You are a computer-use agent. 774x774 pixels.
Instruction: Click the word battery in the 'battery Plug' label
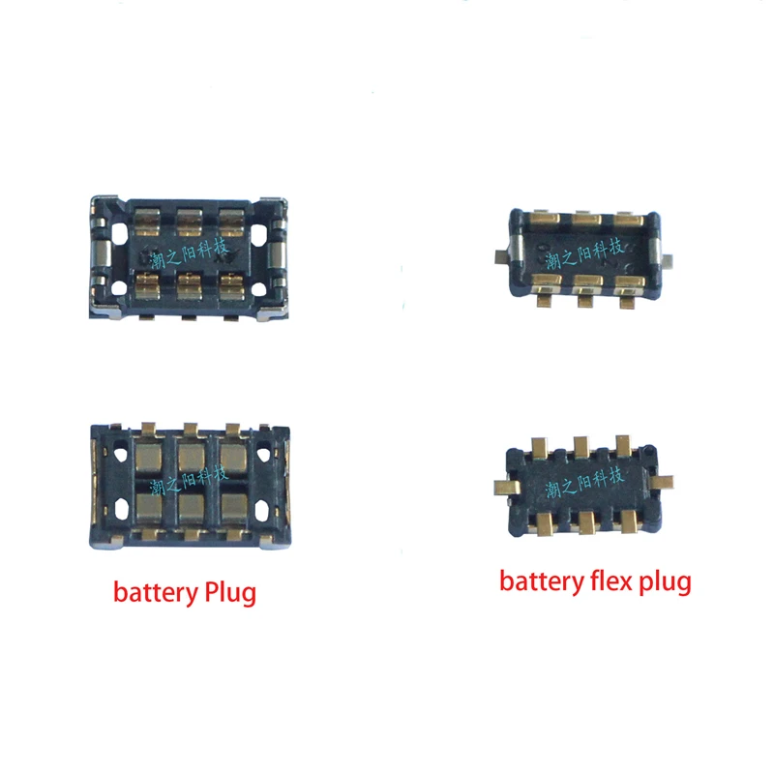[x=148, y=591]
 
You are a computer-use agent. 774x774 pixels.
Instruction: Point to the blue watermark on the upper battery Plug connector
[x=192, y=254]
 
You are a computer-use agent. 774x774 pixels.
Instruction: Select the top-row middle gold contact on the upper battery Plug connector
[x=191, y=223]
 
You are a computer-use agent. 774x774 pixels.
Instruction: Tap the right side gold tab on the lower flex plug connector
[x=666, y=478]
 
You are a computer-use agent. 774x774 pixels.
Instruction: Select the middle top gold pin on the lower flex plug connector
[x=581, y=446]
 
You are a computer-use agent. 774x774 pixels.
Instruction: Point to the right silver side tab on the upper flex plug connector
[x=667, y=258]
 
